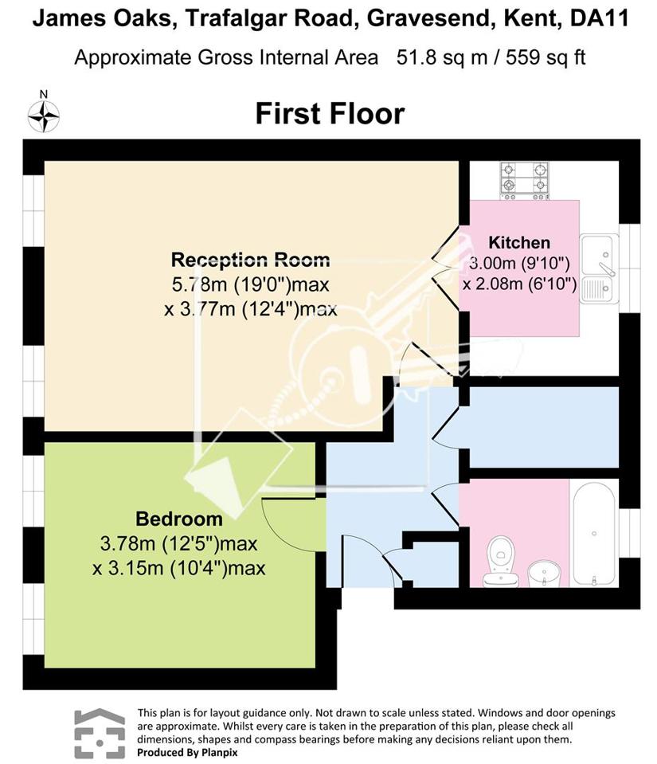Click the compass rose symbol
(43, 116)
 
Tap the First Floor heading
(330, 114)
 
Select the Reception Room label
(250, 259)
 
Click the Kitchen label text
(519, 242)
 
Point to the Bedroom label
(179, 519)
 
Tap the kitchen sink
(599, 268)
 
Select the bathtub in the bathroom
(593, 534)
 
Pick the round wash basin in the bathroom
(545, 574)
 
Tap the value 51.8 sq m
(442, 57)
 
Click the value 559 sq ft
(546, 57)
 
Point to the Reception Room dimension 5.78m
(199, 284)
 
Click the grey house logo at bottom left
(100, 733)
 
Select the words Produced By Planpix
(187, 752)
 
